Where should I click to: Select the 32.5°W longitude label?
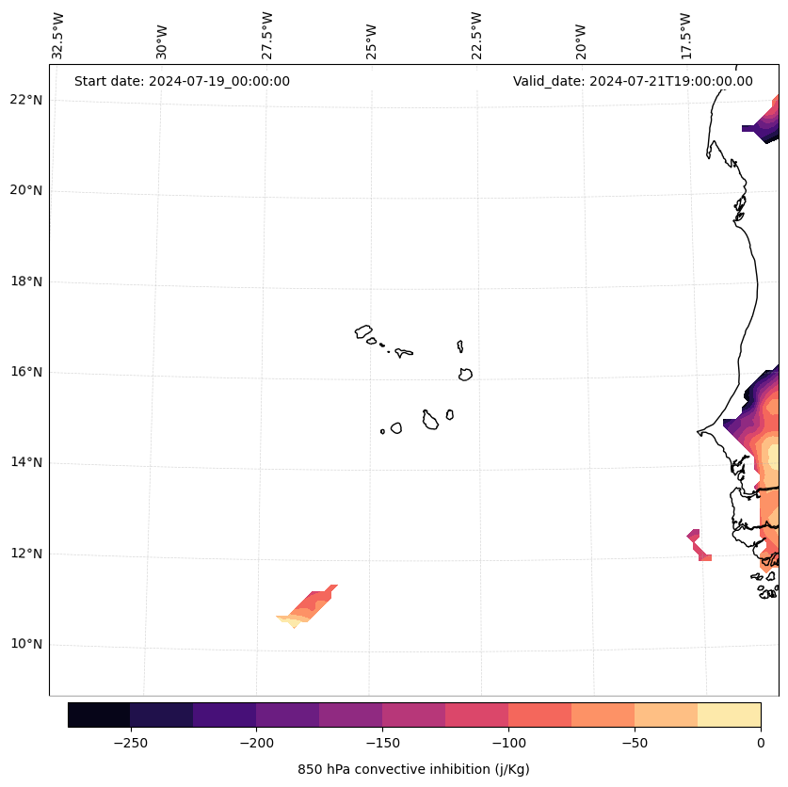click(58, 36)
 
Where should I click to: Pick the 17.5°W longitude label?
click(685, 36)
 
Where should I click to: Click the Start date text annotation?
click(182, 81)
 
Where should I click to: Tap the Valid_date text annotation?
click(633, 81)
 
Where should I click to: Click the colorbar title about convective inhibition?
click(413, 769)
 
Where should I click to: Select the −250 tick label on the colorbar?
click(130, 743)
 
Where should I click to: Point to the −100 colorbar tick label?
click(508, 743)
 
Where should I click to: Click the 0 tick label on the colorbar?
click(760, 743)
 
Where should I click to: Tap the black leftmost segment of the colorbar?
click(99, 715)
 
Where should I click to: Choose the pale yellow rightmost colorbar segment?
click(729, 715)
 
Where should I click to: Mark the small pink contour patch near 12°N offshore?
click(698, 544)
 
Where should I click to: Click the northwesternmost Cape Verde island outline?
click(363, 330)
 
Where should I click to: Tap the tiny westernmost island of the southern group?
click(382, 431)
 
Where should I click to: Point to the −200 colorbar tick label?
click(256, 743)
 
